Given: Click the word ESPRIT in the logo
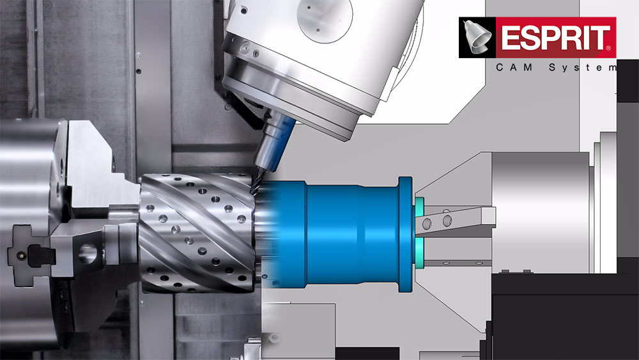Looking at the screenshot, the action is (555, 38).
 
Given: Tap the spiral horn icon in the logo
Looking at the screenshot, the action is (477, 36).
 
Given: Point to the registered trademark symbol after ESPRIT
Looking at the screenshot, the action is (609, 48).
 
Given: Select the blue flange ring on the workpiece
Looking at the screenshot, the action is (404, 235).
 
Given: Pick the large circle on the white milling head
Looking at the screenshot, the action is (325, 20).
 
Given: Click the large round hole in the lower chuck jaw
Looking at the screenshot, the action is (87, 253).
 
